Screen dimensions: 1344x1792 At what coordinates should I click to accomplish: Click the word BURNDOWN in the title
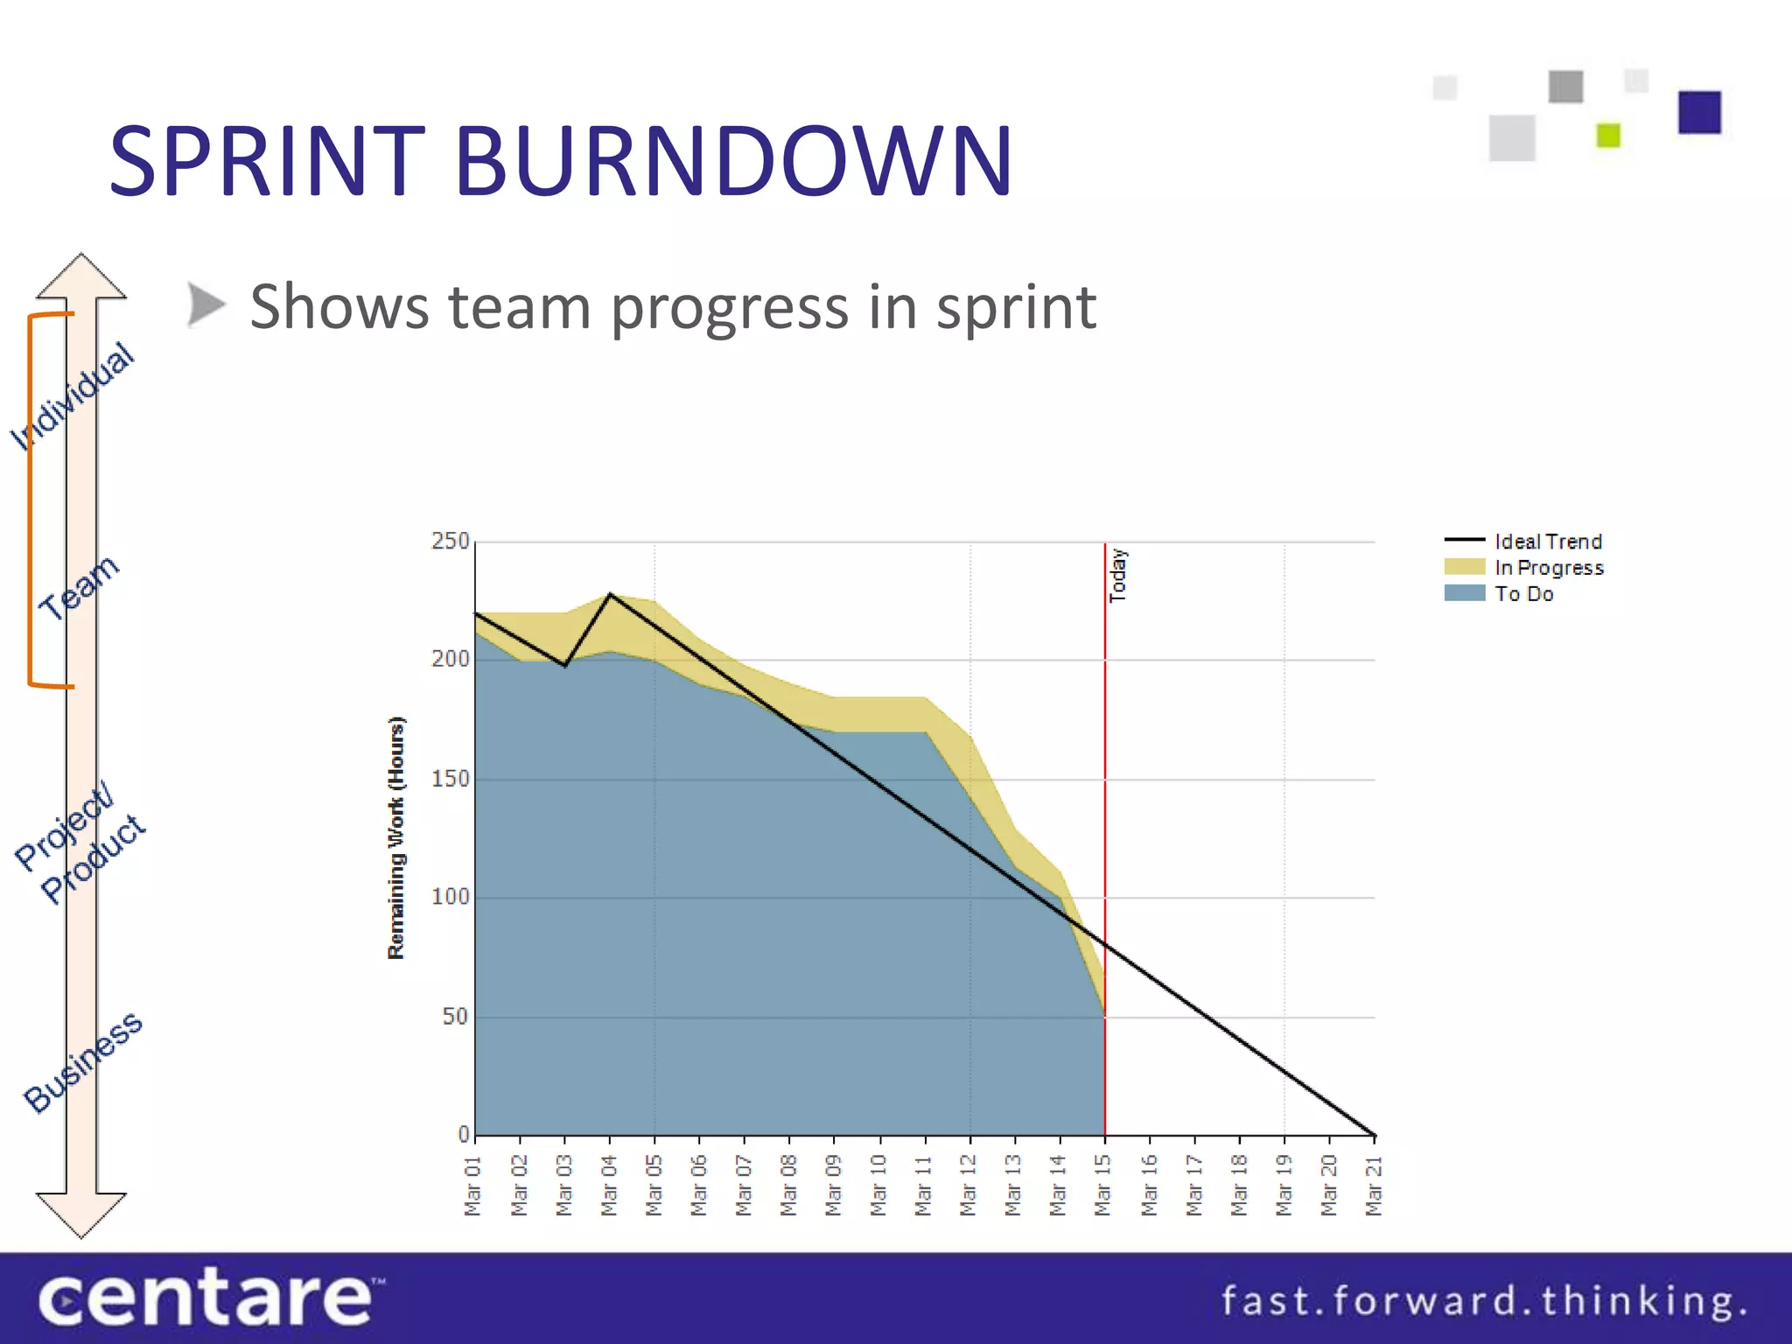point(733,161)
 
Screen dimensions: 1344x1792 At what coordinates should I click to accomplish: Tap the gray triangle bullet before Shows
point(206,305)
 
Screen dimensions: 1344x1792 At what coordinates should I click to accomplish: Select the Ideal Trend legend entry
point(1547,542)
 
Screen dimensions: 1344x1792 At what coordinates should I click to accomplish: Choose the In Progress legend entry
point(1549,568)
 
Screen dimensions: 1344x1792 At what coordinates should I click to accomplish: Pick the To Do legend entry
point(1523,594)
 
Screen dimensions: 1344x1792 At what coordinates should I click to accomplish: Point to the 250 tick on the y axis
point(451,542)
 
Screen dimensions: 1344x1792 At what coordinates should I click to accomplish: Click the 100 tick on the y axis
point(451,897)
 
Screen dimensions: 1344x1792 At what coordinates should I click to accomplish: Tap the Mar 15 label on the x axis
point(1103,1186)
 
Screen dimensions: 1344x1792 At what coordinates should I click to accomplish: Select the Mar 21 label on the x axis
point(1374,1186)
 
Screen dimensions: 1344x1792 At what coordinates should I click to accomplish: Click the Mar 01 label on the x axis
point(472,1186)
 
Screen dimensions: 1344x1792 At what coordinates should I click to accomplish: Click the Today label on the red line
point(1118,576)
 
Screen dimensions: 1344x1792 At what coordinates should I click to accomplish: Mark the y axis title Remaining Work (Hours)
point(396,837)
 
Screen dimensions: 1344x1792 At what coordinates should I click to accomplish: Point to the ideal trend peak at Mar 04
point(610,594)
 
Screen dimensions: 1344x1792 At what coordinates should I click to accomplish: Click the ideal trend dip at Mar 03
point(565,666)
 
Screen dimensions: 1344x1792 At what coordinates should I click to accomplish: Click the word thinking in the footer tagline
point(1642,1301)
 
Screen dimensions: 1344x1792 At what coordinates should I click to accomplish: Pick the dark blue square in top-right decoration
point(1699,112)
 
